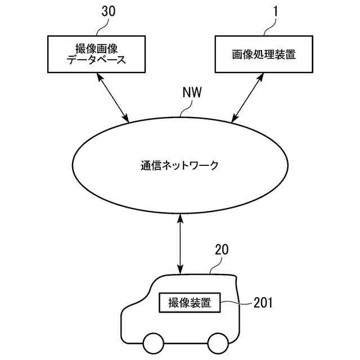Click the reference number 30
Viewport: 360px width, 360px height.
109,11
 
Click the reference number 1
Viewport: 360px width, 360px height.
276,11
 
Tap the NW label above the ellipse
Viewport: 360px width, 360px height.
192,92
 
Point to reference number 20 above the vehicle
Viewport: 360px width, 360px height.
222,250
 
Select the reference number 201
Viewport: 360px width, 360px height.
263,303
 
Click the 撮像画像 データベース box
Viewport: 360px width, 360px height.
96,54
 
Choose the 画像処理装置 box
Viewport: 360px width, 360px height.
264,54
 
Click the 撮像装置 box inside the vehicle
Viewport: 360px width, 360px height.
190,303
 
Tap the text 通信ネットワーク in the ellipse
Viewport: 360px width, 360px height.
179,165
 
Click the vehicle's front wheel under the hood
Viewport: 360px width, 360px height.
154,344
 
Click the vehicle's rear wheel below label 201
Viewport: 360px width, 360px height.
218,344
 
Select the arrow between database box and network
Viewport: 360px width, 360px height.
112,97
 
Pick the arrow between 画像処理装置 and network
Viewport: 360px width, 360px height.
247,97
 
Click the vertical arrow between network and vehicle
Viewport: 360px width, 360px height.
181,244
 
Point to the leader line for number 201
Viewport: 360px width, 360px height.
236,303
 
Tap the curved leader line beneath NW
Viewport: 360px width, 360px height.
186,108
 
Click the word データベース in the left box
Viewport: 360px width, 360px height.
96,60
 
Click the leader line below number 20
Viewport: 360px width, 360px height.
216,265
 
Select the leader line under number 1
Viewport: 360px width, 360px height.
270,26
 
